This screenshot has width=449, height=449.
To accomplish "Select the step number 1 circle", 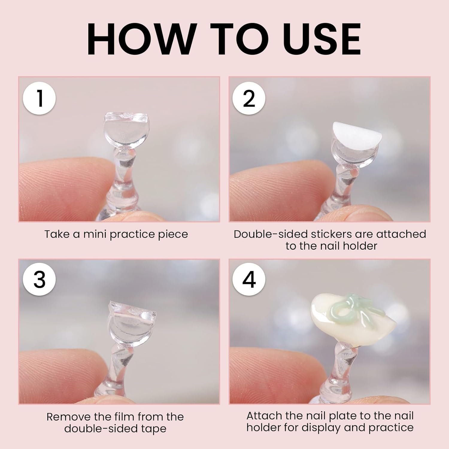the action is click(x=39, y=98).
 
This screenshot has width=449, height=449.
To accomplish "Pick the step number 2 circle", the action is click(x=249, y=98).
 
